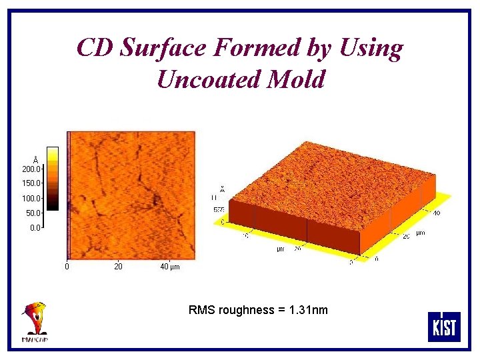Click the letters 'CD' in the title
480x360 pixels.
click(x=93, y=48)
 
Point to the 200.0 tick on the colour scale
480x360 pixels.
click(x=32, y=169)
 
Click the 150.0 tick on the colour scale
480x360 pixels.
click(x=32, y=183)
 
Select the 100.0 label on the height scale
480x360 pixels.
click(x=32, y=198)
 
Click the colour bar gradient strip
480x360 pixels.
click(x=53, y=179)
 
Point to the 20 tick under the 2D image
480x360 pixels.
click(x=118, y=267)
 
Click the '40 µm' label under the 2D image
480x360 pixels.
click(x=170, y=267)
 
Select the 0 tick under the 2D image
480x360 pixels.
click(x=66, y=267)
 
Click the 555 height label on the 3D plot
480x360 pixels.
click(x=217, y=209)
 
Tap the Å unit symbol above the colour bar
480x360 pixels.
click(x=35, y=161)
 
